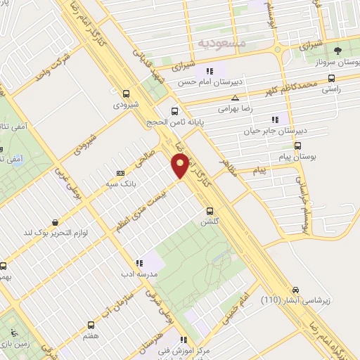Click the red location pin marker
(181, 166)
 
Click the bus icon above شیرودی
(126, 94)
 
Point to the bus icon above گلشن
(209, 210)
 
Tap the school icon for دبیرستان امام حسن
(209, 71)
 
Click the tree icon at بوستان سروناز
(339, 51)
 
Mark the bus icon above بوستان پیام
(298, 146)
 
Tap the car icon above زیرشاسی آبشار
(297, 290)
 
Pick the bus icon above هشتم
(91, 325)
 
